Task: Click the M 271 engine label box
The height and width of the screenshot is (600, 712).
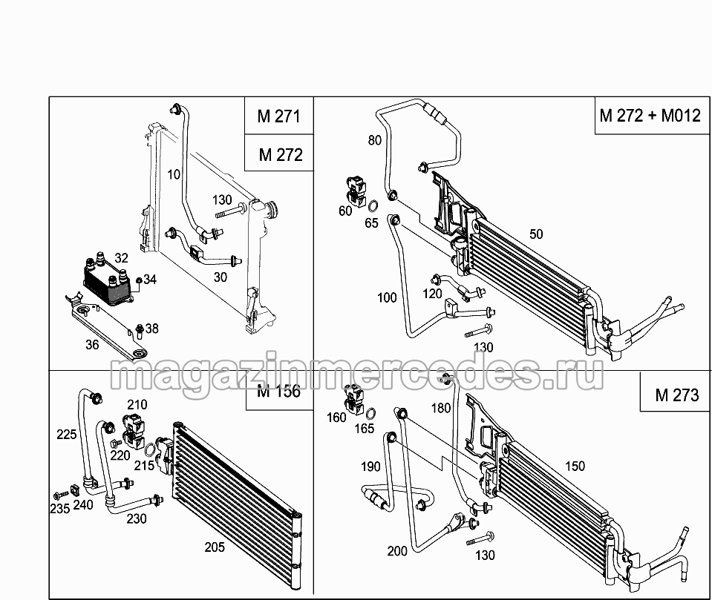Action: point(279,116)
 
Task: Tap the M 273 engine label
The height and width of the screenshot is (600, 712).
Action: point(676,395)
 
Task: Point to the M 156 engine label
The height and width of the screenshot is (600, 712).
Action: point(279,391)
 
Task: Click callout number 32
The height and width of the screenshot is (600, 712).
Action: point(121,258)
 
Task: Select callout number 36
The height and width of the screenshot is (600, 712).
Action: point(92,345)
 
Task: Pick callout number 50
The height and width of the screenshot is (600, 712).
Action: point(536,234)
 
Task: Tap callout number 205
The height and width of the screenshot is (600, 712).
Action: point(215,547)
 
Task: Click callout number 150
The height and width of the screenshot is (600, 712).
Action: point(575,466)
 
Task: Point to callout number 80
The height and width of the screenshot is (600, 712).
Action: point(375,141)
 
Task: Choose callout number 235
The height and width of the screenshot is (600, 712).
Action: point(60,508)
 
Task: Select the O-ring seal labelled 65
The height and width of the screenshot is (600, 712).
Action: point(373,207)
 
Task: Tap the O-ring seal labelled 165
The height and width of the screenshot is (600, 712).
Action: point(370,414)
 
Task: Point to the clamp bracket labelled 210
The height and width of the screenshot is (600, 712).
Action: point(134,429)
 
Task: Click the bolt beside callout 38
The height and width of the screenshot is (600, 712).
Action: point(140,331)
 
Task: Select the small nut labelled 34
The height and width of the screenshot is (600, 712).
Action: point(140,280)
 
